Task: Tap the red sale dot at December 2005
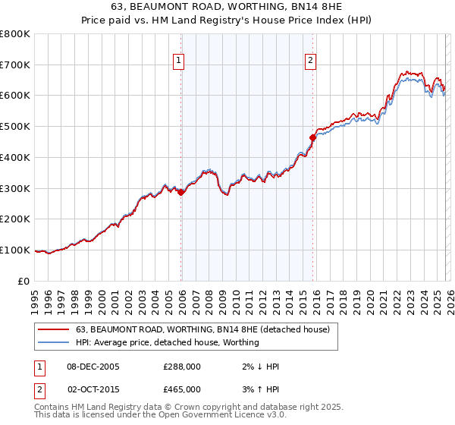[181, 192]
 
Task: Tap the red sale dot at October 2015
[312, 137]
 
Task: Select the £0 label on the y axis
[25, 281]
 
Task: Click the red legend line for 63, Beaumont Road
[53, 329]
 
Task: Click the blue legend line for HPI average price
[53, 342]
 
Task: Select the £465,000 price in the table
[182, 389]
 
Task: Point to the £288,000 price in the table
[182, 367]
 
